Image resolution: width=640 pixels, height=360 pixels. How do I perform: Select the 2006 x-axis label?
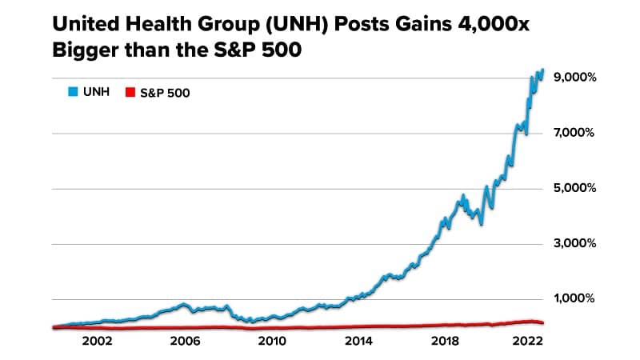(x=185, y=340)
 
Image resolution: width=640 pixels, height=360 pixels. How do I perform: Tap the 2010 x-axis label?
(x=272, y=340)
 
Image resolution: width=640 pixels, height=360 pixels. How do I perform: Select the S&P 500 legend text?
(x=165, y=93)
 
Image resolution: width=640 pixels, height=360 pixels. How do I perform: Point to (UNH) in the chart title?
(x=282, y=25)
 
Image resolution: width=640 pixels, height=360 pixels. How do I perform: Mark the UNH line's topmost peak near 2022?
(x=542, y=70)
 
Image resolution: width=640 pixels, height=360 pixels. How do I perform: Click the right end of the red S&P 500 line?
(x=542, y=323)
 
